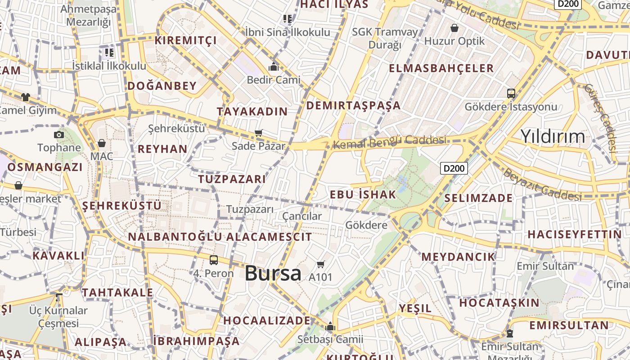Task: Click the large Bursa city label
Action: pyautogui.click(x=273, y=273)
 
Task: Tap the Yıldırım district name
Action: pyautogui.click(x=553, y=136)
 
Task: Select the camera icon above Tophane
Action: pyautogui.click(x=58, y=135)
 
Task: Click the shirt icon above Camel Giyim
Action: pyautogui.click(x=26, y=97)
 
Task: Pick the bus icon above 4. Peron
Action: pyautogui.click(x=214, y=260)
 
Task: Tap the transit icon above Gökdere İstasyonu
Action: pyautogui.click(x=511, y=94)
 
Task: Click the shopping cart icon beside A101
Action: pyautogui.click(x=321, y=264)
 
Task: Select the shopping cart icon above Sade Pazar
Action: pyautogui.click(x=259, y=133)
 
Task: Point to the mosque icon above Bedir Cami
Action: pyautogui.click(x=274, y=67)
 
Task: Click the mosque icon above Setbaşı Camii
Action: pyautogui.click(x=330, y=326)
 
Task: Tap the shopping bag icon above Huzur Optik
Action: pyautogui.click(x=454, y=28)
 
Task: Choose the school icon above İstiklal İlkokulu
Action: pyautogui.click(x=109, y=53)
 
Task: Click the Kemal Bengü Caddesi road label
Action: pyautogui.click(x=389, y=142)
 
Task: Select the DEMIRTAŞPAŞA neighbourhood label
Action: pyautogui.click(x=353, y=105)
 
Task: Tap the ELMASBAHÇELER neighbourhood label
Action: pyautogui.click(x=441, y=68)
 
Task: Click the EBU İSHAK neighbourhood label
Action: pyautogui.click(x=363, y=194)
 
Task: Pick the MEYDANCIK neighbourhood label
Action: pyautogui.click(x=458, y=256)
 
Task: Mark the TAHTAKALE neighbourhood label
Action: pyautogui.click(x=117, y=292)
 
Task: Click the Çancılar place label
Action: pyautogui.click(x=302, y=216)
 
